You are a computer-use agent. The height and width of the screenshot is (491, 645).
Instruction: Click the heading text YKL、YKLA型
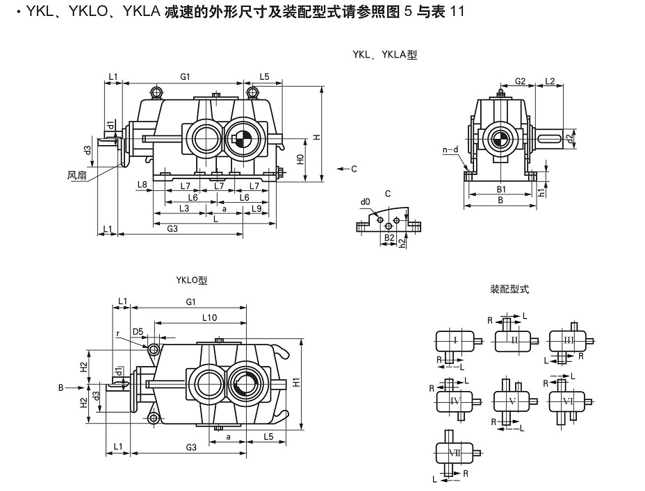[384, 55]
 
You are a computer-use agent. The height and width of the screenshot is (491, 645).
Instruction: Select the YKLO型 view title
[192, 281]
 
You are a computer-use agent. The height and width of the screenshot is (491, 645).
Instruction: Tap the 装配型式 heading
[509, 289]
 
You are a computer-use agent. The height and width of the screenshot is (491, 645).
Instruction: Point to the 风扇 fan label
[77, 175]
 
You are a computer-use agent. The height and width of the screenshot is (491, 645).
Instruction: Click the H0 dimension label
[301, 158]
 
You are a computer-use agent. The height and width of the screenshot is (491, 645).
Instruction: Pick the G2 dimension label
[519, 81]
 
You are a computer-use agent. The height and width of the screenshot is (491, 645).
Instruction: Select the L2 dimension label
[549, 81]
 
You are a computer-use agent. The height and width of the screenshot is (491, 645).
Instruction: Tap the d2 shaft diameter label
[569, 138]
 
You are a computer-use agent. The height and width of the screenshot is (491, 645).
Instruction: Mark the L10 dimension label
[209, 317]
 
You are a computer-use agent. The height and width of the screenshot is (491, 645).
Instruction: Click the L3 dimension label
[184, 208]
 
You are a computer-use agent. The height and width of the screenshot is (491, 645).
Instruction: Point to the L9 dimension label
[256, 208]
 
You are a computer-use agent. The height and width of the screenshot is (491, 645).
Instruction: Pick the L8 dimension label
[142, 184]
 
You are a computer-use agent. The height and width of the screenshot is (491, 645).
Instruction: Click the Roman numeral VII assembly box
[455, 453]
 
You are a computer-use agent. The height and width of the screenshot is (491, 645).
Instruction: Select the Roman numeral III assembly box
[568, 340]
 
